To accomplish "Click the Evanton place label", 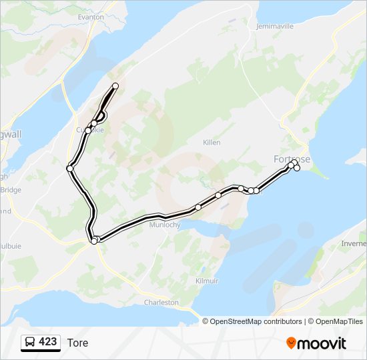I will (91, 17).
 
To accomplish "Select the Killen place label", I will (212, 143).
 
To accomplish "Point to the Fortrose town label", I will (291, 159).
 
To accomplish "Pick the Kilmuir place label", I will (207, 281).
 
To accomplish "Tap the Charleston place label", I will (161, 302).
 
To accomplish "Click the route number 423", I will (47, 342).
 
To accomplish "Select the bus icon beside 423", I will (30, 342).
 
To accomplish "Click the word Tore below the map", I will (77, 343).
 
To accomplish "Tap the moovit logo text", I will (322, 343).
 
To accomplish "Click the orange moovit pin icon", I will (291, 343).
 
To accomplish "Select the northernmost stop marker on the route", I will (115, 86).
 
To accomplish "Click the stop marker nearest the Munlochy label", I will (198, 207).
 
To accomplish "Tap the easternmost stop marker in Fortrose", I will (297, 167).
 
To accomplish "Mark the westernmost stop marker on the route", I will (69, 169).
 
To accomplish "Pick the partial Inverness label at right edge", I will (354, 243).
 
